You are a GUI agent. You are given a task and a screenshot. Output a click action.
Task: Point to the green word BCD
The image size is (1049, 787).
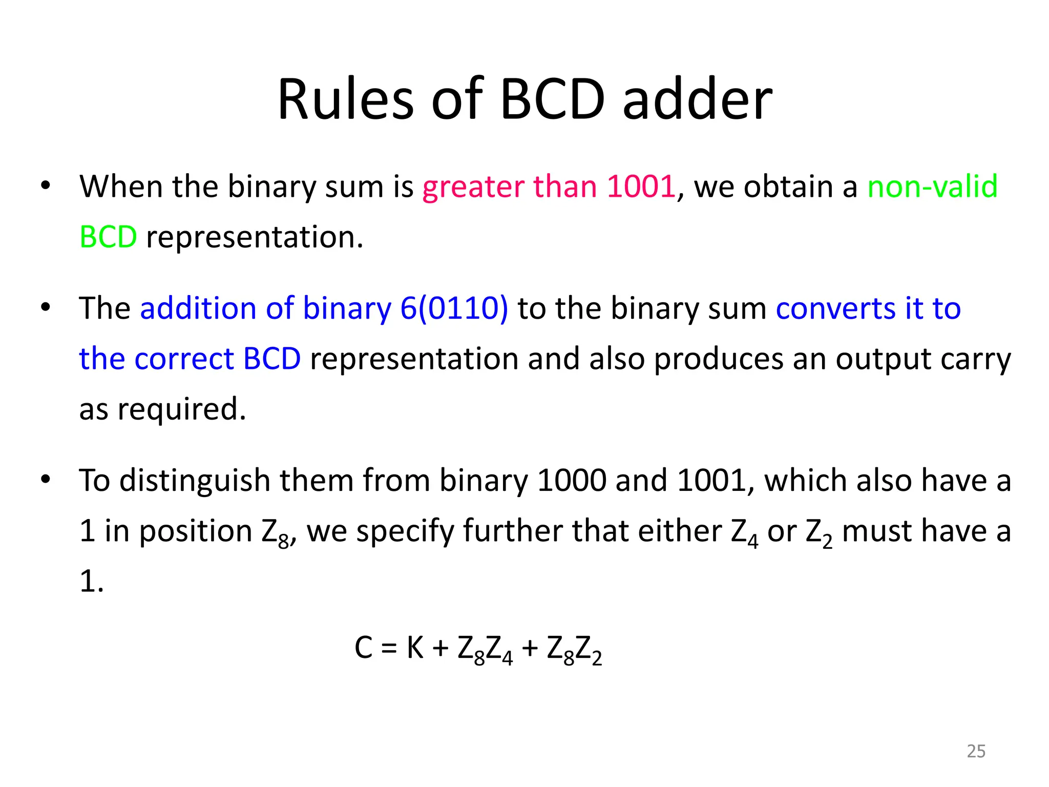(x=108, y=237)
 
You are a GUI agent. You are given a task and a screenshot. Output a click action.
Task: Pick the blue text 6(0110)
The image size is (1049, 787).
(x=454, y=308)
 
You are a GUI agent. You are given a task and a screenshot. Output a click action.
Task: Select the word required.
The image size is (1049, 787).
(x=182, y=409)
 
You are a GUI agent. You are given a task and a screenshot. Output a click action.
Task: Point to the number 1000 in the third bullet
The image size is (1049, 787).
(x=572, y=481)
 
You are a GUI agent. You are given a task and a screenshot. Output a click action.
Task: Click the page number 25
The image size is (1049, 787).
(x=976, y=751)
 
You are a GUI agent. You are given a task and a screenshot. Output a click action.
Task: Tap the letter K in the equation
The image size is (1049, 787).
(x=415, y=648)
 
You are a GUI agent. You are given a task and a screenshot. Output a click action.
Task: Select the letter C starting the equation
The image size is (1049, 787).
(x=363, y=648)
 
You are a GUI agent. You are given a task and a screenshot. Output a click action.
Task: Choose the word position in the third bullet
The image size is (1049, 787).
(x=196, y=531)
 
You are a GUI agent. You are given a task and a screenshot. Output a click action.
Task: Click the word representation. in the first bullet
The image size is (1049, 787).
(x=255, y=237)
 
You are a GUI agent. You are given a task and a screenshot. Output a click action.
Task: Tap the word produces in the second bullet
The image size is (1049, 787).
(x=719, y=359)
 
